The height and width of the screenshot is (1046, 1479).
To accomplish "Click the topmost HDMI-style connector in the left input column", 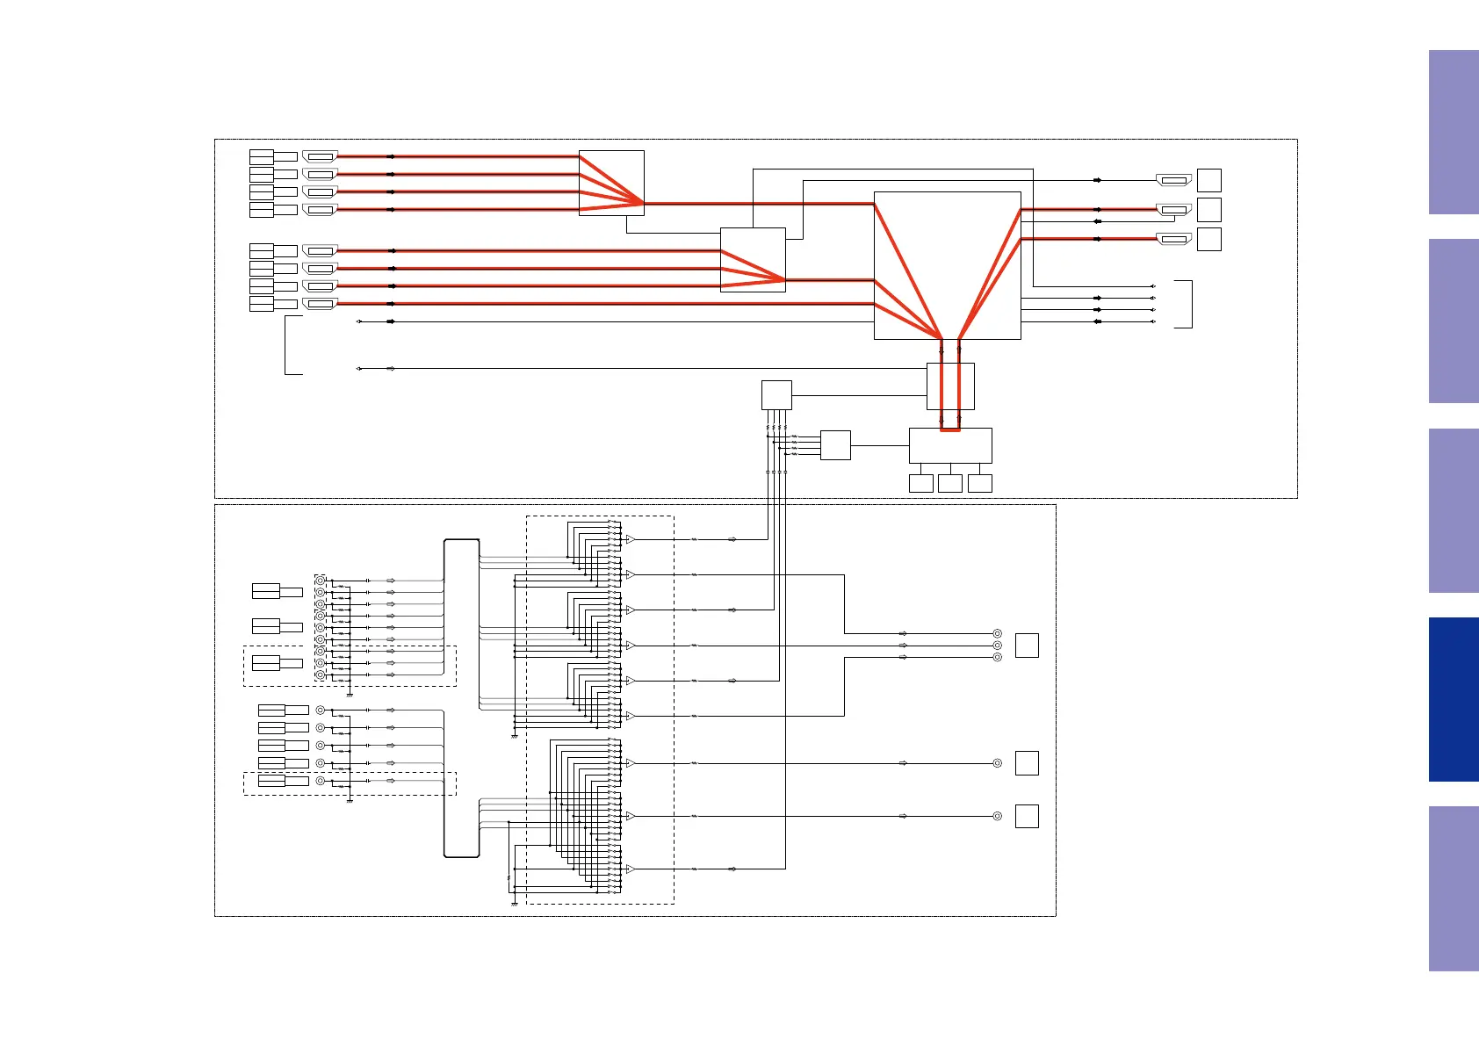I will pyautogui.click(x=320, y=156).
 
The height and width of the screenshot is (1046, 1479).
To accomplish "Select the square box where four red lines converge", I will pyautogui.click(x=611, y=183).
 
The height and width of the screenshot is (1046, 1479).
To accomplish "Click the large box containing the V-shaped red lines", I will pyautogui.click(x=947, y=265).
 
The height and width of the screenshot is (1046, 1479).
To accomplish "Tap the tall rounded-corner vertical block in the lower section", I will pyautogui.click(x=462, y=698).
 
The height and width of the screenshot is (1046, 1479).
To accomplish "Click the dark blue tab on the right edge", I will pyautogui.click(x=1454, y=699).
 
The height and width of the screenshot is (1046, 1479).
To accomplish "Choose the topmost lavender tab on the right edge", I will pyautogui.click(x=1454, y=132).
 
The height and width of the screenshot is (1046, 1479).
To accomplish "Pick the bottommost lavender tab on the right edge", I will pyautogui.click(x=1454, y=888).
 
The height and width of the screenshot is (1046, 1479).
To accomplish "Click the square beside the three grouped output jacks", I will pyautogui.click(x=1027, y=646).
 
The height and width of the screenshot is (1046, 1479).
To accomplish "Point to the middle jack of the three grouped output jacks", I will pyautogui.click(x=997, y=646).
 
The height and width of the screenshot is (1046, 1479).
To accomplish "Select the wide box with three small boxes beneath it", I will pyautogui.click(x=950, y=445).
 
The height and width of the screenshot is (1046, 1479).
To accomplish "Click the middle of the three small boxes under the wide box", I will pyautogui.click(x=950, y=483).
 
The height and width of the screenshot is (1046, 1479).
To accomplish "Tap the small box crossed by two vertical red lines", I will pyautogui.click(x=950, y=386).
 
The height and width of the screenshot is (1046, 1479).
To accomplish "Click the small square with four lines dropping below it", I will pyautogui.click(x=776, y=394).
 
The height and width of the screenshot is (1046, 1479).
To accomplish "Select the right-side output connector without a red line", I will pyautogui.click(x=1174, y=180).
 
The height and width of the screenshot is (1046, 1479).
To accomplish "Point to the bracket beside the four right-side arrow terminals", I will pyautogui.click(x=1186, y=304).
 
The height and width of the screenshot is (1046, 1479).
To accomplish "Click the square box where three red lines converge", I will pyautogui.click(x=753, y=260).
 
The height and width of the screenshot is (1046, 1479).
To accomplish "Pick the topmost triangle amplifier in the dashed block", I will pyautogui.click(x=630, y=539).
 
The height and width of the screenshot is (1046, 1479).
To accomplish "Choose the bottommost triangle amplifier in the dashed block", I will pyautogui.click(x=630, y=869).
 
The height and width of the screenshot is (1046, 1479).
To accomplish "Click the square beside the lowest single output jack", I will pyautogui.click(x=1027, y=816).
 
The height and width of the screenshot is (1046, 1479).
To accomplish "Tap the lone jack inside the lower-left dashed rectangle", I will pyautogui.click(x=320, y=781).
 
